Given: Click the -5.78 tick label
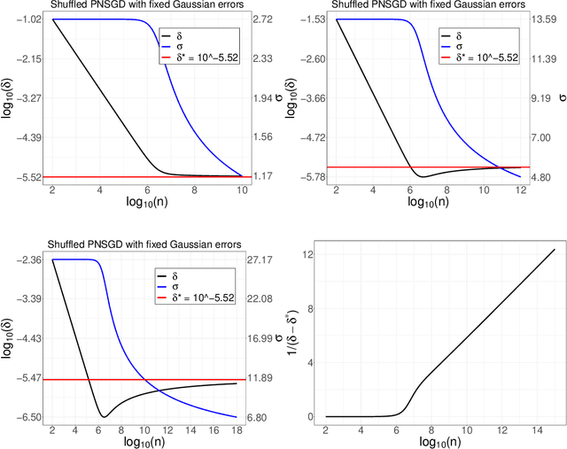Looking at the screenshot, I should pos(311,177).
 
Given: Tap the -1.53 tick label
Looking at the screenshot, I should pos(311,19).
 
